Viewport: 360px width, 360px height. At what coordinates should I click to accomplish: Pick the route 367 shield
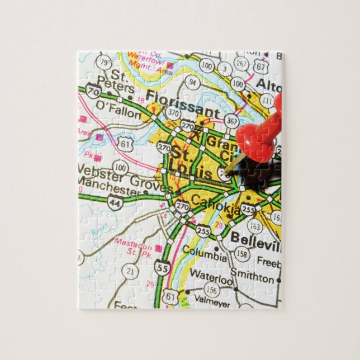232,121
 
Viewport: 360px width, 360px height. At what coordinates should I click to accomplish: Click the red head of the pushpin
259,136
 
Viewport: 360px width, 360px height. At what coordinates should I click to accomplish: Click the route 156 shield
211,290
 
